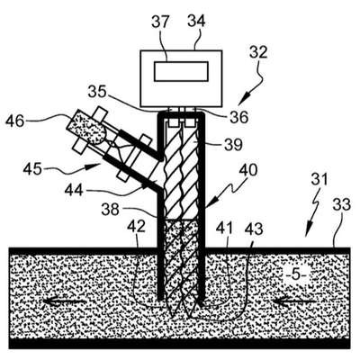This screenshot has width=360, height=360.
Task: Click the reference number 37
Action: coord(160,22)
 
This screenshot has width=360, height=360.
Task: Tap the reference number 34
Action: coord(196,22)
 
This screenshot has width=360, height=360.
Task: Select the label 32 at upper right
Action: coord(258,53)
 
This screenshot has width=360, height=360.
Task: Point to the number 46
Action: coord(15,121)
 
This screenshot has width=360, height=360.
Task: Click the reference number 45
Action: coord(33,169)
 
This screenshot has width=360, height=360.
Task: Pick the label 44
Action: coord(74,190)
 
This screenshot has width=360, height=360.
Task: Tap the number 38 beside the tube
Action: coord(110,209)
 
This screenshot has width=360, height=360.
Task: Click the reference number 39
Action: coord(233,145)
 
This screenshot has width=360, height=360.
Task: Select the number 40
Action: coord(248,171)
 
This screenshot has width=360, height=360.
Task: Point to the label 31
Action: coord(319,180)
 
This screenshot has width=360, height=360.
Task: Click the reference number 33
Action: coord(342,205)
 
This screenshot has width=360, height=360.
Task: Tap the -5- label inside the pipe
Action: coord(296,275)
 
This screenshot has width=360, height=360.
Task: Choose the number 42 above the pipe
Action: coord(136,227)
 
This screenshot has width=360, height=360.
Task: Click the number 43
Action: coord(254,229)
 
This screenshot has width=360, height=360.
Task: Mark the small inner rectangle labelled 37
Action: coord(181,71)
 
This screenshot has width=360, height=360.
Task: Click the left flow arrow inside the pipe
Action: coord(65,301)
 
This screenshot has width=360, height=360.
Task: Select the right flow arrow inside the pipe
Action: coord(295,301)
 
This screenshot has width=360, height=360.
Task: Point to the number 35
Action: coord(97,93)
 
